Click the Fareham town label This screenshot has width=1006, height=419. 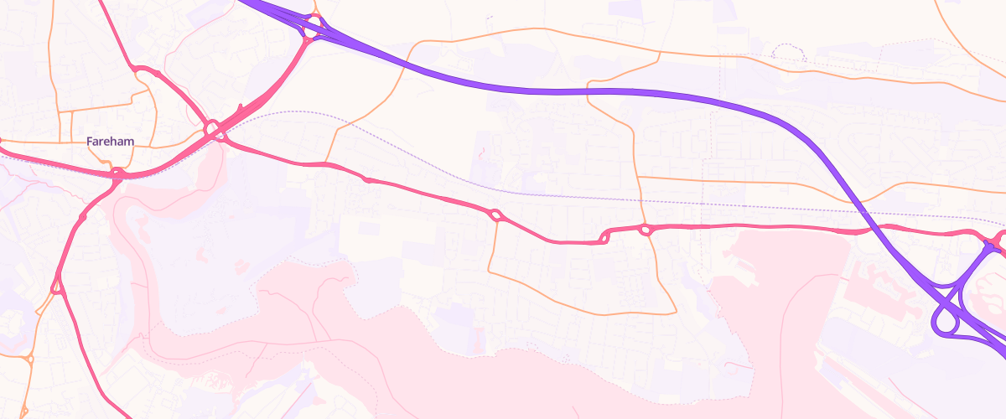(111, 142)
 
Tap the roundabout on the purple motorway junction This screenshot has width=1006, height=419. (314, 27)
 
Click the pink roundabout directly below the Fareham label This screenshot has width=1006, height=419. (117, 174)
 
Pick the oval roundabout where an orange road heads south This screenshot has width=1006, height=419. (495, 215)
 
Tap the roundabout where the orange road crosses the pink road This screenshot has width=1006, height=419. (645, 230)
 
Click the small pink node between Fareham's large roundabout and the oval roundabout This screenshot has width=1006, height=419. (366, 179)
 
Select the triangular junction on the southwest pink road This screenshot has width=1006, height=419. (57, 287)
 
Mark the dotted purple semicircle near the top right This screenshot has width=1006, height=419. (788, 52)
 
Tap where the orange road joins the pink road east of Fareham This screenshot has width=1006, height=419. (326, 162)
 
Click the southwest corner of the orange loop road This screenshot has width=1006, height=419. (489, 272)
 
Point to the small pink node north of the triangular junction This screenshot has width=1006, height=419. (82, 217)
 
